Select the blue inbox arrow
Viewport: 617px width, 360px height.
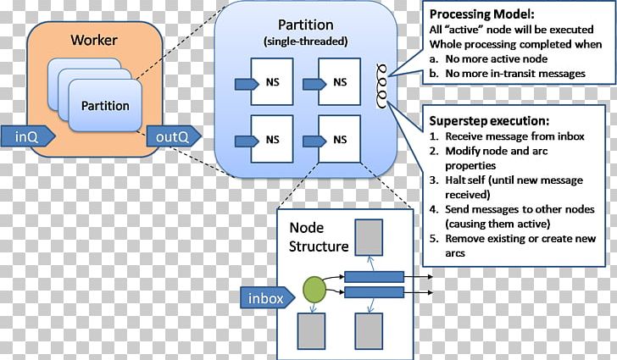(270, 297)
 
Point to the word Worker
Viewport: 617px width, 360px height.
(93, 40)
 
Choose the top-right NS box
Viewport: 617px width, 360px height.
(339, 82)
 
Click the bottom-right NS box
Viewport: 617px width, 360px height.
(339, 138)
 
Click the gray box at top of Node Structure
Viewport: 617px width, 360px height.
(370, 238)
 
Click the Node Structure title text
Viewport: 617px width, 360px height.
(319, 237)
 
